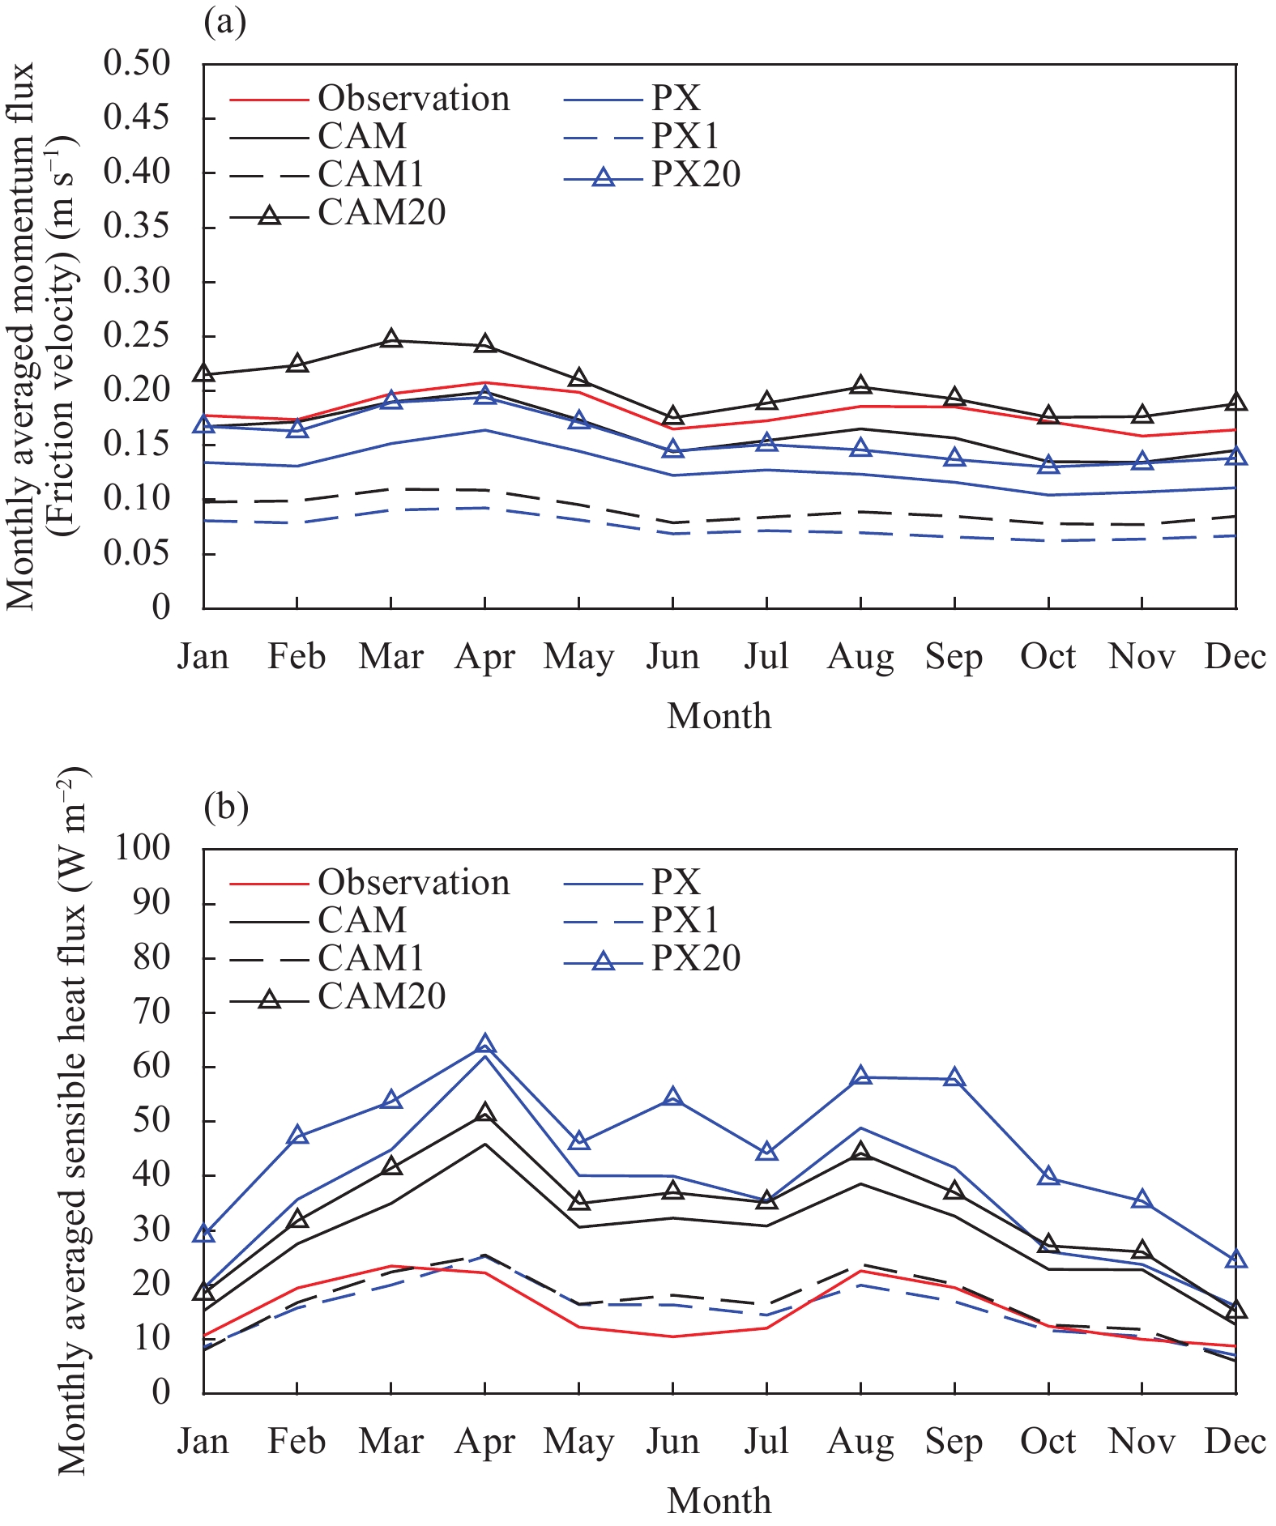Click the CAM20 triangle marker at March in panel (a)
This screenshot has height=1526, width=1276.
(391, 339)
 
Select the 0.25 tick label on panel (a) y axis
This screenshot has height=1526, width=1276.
(137, 336)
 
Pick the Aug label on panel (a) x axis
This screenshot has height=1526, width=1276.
(860, 656)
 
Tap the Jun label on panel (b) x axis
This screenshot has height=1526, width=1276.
(672, 1441)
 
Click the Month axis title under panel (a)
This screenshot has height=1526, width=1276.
(719, 716)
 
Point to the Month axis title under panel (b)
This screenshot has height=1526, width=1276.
(719, 1501)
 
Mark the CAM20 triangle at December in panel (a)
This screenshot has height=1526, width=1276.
(1235, 403)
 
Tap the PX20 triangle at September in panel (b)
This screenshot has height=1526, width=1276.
(954, 1078)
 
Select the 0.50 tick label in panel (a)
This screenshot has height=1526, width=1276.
(137, 63)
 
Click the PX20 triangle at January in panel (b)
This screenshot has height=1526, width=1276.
(204, 1234)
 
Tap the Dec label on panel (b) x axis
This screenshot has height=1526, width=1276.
(1235, 1441)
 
